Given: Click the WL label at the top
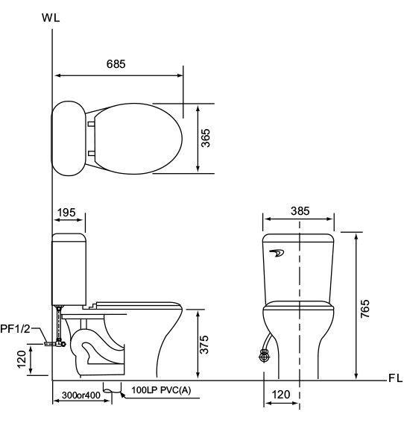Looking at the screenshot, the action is pyautogui.click(x=51, y=18).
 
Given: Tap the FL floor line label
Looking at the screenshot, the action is pyautogui.click(x=395, y=378).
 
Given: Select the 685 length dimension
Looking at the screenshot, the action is pyautogui.click(x=116, y=64).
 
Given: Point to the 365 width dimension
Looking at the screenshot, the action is pyautogui.click(x=206, y=138).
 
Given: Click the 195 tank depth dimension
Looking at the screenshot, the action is pyautogui.click(x=66, y=213).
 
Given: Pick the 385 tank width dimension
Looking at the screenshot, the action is pyautogui.click(x=300, y=211).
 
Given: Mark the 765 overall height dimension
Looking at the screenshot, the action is pyautogui.click(x=365, y=308).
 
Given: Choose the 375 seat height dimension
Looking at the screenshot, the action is pyautogui.click(x=204, y=345).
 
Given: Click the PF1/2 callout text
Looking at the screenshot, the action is pyautogui.click(x=15, y=329).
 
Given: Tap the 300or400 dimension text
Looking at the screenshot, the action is pyautogui.click(x=81, y=395).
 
